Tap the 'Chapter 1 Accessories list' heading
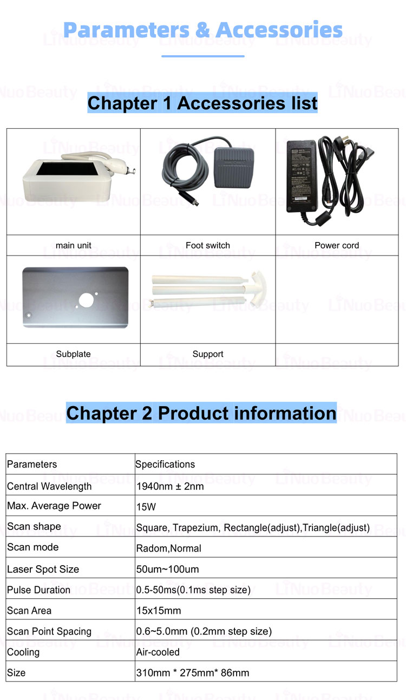tap(202, 103)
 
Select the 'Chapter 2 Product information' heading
tap(201, 413)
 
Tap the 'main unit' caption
tap(73, 245)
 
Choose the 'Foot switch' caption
tap(208, 245)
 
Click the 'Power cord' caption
tap(337, 245)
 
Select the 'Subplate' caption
tap(73, 354)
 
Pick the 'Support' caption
tap(208, 354)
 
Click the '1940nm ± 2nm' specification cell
tap(170, 486)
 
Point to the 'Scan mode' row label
tap(32, 547)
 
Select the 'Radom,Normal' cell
tap(168, 548)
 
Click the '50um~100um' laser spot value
tap(167, 569)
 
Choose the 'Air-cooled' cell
tap(158, 652)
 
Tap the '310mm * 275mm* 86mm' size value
tap(192, 673)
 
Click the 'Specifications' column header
tap(165, 464)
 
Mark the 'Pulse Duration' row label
tap(38, 590)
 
